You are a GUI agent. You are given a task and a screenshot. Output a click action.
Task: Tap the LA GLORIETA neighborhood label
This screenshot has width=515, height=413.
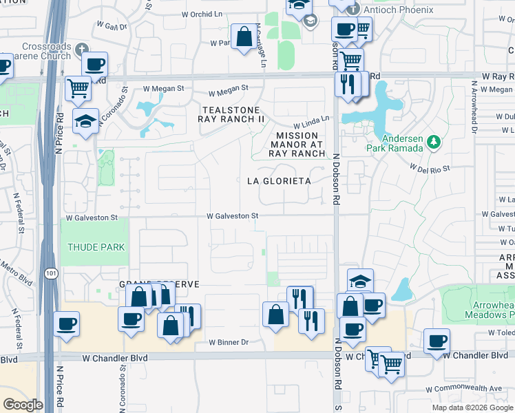coord(279,181)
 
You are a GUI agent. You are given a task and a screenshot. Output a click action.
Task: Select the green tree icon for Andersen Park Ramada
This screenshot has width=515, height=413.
coord(433,142)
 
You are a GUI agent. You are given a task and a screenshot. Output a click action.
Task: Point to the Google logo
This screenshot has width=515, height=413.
coord(23,405)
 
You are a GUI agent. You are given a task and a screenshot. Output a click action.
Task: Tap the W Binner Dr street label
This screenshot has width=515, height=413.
coord(229,342)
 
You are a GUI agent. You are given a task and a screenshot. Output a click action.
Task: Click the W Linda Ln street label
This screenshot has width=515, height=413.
coord(311,123)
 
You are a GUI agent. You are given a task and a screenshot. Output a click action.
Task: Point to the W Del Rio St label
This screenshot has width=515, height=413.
coord(430,167)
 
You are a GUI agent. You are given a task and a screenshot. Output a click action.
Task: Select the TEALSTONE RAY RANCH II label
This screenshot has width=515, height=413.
coord(231,114)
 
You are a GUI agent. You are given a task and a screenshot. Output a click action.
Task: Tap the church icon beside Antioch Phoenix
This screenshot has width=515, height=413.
coord(353,10)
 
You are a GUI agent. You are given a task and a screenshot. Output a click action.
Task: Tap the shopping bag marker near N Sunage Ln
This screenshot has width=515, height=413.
coord(244,36)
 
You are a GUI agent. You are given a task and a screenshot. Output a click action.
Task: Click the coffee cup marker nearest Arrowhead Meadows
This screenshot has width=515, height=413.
coord(437,340)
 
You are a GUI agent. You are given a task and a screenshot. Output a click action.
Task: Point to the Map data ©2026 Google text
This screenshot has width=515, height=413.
coord(472,407)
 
